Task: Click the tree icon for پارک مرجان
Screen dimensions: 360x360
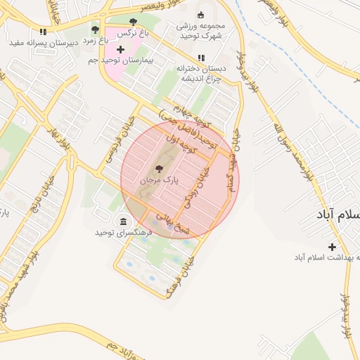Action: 158,169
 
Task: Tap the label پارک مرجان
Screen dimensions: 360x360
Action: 159,181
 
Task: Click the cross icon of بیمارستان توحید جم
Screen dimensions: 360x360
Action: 120,49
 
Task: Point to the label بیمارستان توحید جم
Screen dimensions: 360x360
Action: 121,61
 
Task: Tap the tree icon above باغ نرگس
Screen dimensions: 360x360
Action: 134,20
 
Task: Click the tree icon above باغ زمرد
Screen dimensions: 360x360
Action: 95,30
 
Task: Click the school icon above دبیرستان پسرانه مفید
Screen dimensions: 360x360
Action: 43,32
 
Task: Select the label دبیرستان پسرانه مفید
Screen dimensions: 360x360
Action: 41,43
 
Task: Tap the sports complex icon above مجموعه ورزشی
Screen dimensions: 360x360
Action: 200,15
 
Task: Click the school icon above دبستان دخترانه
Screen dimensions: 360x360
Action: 201,58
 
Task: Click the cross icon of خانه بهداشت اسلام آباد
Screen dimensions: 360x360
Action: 332,246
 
